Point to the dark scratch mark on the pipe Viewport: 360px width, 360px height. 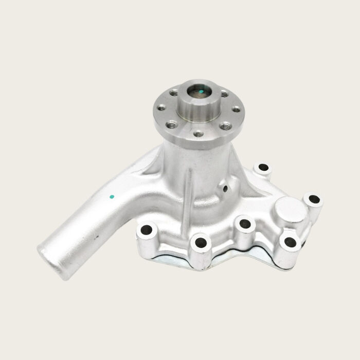pos(96,237)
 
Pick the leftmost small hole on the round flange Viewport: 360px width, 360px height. pos(161,108)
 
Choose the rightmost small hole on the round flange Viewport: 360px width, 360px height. pos(236,109)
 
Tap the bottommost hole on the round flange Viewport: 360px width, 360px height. pos(199,134)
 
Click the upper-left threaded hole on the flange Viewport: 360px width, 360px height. pos(174,93)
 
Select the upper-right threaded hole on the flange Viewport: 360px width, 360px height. pos(224,94)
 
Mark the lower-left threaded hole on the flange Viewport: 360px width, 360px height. pos(172,124)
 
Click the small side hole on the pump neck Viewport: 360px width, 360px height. pos(225,189)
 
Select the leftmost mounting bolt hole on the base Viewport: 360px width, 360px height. pos(147,230)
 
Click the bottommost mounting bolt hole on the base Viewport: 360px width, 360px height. pos(200,241)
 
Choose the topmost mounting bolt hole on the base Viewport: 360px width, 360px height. pos(263,167)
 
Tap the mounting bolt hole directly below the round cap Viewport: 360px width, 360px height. pos(289,239)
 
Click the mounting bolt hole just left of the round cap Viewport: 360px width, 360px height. pos(245,224)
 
